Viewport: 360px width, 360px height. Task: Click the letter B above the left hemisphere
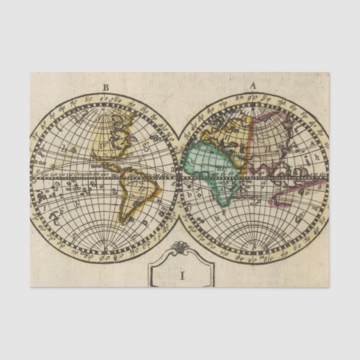click(x=106, y=87)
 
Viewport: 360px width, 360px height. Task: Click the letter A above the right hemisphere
click(x=253, y=86)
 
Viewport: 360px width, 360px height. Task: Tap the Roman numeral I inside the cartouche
click(x=182, y=275)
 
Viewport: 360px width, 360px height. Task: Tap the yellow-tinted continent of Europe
click(x=229, y=131)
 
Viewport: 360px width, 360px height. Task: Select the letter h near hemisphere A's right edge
click(x=316, y=157)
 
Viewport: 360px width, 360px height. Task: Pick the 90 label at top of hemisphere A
click(x=253, y=97)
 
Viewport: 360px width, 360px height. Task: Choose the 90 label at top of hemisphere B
click(x=105, y=98)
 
